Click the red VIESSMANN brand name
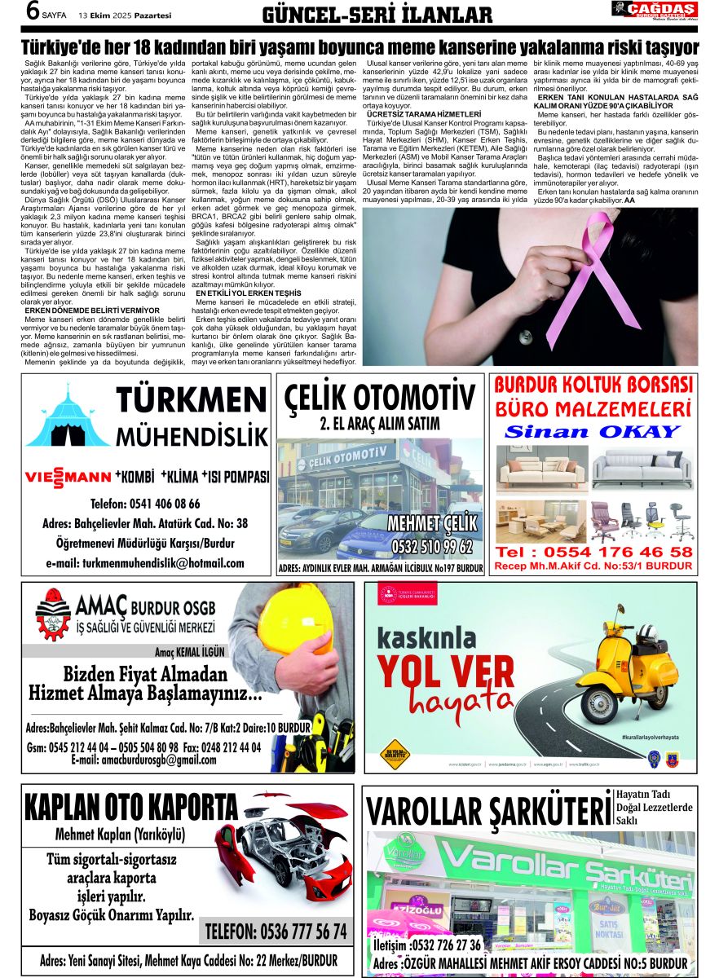click(x=68, y=477)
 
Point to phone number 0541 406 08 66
click(x=145, y=504)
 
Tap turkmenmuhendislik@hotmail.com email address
click(x=145, y=563)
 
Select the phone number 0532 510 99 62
click(x=432, y=545)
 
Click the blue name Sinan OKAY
click(x=593, y=431)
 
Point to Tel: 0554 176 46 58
click(x=593, y=552)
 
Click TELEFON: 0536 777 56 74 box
click(x=276, y=930)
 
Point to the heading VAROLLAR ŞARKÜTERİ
click(x=487, y=811)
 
